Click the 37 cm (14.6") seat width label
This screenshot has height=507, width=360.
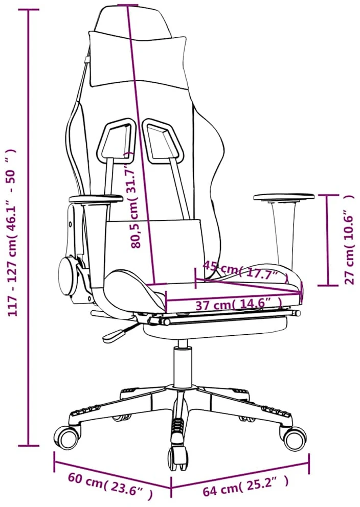(x=239, y=305)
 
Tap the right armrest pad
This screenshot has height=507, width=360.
(x=284, y=197)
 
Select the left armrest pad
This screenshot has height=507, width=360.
(x=96, y=198)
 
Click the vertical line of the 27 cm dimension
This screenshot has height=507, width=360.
(x=327, y=240)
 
